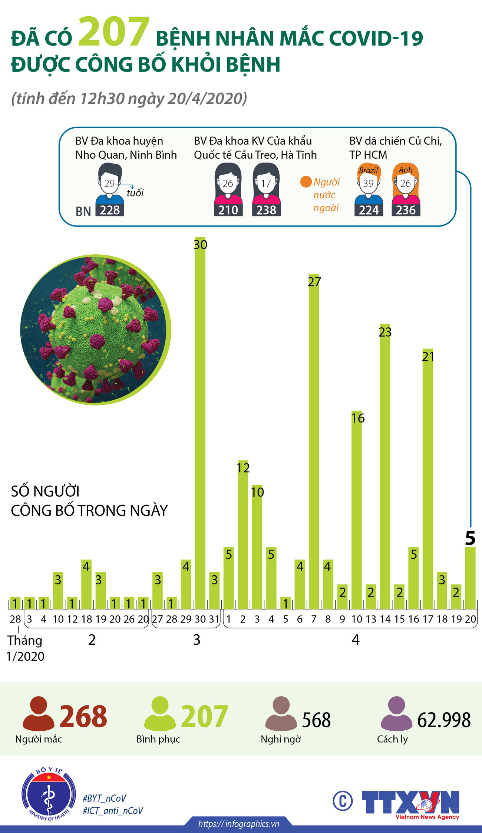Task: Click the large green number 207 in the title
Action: pos(114,32)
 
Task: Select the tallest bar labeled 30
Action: pos(200,423)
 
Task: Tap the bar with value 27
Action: pos(314,445)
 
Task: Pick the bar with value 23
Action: pos(385,467)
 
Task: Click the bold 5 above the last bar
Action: pos(470,538)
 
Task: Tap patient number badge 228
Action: pos(110,210)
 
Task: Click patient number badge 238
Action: pos(266,210)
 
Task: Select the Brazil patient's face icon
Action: pos(368,182)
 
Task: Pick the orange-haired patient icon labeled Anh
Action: pos(406,182)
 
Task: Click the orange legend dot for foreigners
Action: pos(306,182)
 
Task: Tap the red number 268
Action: pos(83,716)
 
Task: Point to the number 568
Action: pos(316,720)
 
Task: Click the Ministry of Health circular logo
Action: pos(49,794)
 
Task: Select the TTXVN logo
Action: pos(410,803)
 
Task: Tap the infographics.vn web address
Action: pos(238,824)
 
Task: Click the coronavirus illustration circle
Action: pos(95,330)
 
